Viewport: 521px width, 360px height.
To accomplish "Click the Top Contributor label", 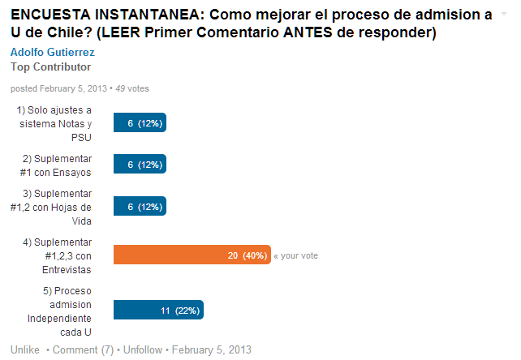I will pyautogui.click(x=50, y=66).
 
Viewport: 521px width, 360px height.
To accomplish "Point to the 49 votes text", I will pyautogui.click(x=131, y=88).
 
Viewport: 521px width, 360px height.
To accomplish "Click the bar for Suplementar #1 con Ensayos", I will pyautogui.click(x=140, y=164).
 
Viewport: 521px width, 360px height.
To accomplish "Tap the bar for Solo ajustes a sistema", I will pyautogui.click(x=140, y=123).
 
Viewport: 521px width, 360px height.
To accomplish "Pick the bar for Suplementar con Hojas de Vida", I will pyautogui.click(x=140, y=207).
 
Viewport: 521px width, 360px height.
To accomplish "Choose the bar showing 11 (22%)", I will pyautogui.click(x=158, y=310).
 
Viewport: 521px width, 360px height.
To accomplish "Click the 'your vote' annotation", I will pyautogui.click(x=295, y=255).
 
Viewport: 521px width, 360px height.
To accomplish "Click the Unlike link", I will pyautogui.click(x=25, y=349).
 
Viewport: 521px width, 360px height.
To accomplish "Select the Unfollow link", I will pyautogui.click(x=143, y=349).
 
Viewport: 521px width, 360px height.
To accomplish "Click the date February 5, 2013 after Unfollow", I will pyautogui.click(x=212, y=349).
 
